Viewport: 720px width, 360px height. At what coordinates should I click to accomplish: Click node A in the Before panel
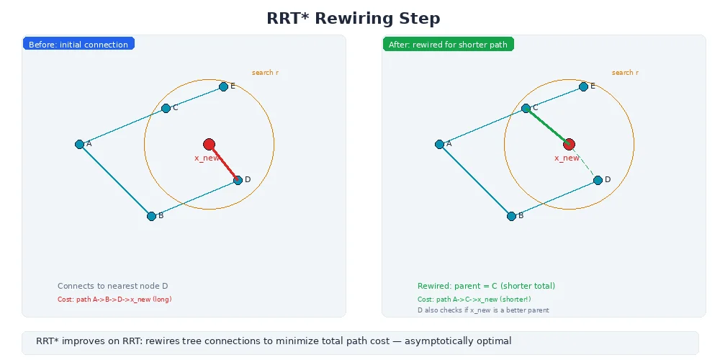tap(79, 144)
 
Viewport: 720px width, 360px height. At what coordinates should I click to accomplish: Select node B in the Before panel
tap(151, 216)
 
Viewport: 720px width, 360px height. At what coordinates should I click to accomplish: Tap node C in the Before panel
tap(166, 108)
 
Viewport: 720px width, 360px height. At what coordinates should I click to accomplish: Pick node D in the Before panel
tap(238, 180)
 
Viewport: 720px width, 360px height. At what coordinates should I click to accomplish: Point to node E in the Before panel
tap(223, 86)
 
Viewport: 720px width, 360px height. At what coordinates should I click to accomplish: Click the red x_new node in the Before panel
tap(209, 144)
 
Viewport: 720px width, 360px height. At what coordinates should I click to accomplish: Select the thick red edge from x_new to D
tap(224, 163)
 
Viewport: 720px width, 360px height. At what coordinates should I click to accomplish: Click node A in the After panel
tap(439, 144)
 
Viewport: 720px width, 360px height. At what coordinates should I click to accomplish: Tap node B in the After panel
tap(511, 216)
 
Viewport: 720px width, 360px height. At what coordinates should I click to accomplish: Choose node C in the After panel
tap(526, 108)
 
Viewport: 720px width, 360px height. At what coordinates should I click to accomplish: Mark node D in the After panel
tap(598, 180)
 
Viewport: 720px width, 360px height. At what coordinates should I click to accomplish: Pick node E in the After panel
tap(583, 86)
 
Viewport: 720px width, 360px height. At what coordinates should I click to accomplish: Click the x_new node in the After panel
tap(569, 144)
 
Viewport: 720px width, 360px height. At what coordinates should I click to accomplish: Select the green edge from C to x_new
tap(546, 125)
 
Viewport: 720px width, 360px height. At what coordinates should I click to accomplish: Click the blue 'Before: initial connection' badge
tap(78, 45)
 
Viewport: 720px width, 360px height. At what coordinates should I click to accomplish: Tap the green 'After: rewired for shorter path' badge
tap(448, 45)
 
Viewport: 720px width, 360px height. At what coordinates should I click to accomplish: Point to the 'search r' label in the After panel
tap(625, 73)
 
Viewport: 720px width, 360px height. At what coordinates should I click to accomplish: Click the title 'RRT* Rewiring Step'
tap(353, 19)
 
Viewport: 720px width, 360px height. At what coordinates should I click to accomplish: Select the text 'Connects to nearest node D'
tap(112, 286)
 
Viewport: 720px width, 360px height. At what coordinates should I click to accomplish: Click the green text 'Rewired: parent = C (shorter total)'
tap(486, 286)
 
